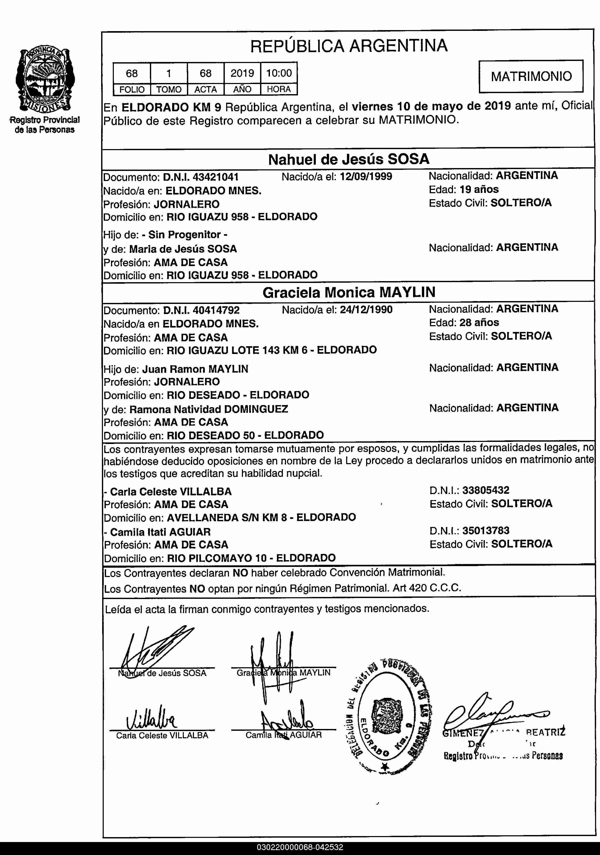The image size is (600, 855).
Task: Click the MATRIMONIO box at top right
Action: pyautogui.click(x=531, y=76)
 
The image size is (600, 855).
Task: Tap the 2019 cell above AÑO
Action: pyautogui.click(x=242, y=73)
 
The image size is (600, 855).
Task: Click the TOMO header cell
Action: pyautogui.click(x=169, y=89)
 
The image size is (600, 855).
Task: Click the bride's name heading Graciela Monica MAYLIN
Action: pyautogui.click(x=348, y=292)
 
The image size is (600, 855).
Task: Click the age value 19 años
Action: pyautogui.click(x=479, y=190)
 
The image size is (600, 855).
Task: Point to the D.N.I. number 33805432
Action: pyautogui.click(x=486, y=490)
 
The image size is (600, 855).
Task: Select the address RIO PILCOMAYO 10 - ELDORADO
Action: pyautogui.click(x=252, y=558)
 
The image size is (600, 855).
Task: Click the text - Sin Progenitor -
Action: pyautogui.click(x=185, y=235)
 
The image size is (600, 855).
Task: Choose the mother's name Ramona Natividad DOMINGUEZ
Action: pyautogui.click(x=208, y=409)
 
